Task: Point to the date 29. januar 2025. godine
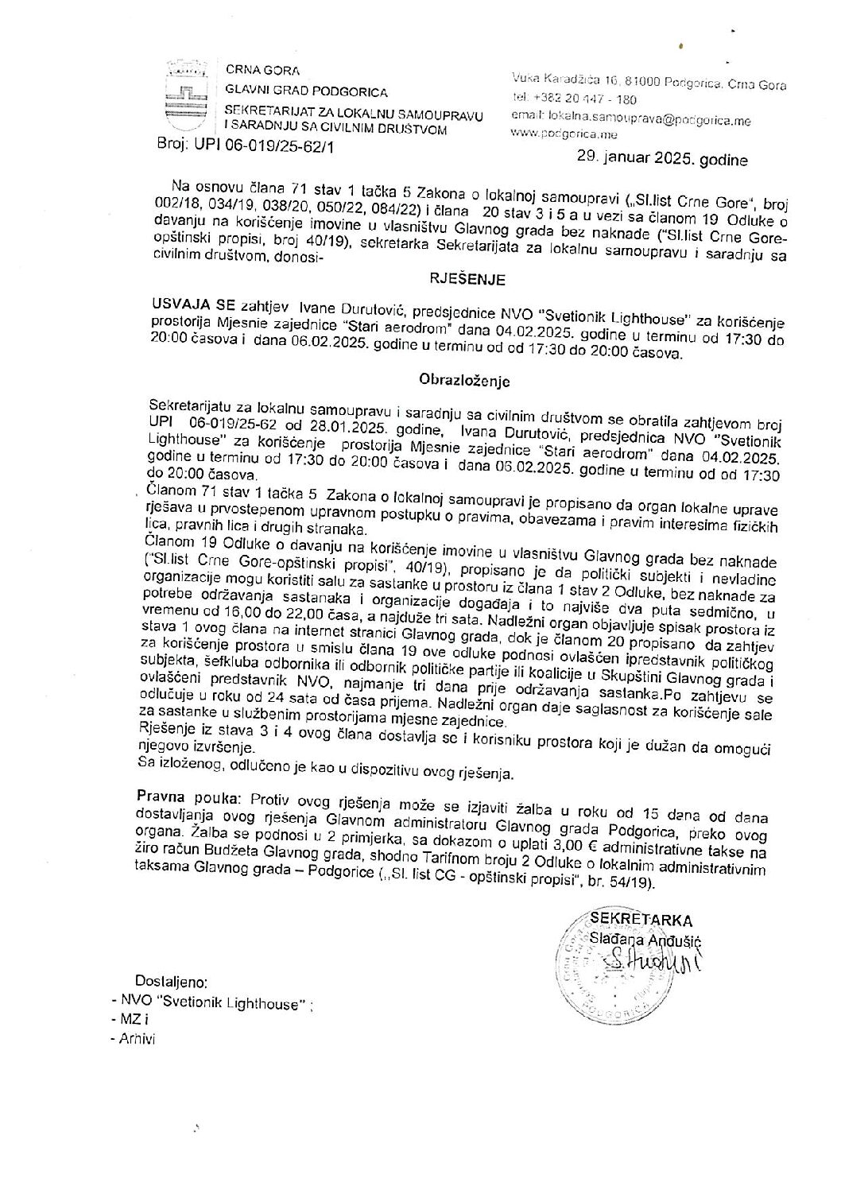[x=662, y=160]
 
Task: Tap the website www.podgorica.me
[x=559, y=134]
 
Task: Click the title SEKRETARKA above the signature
[x=646, y=921]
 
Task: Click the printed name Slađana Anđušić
[x=646, y=939]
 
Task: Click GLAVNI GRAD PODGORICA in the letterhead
[x=306, y=91]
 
